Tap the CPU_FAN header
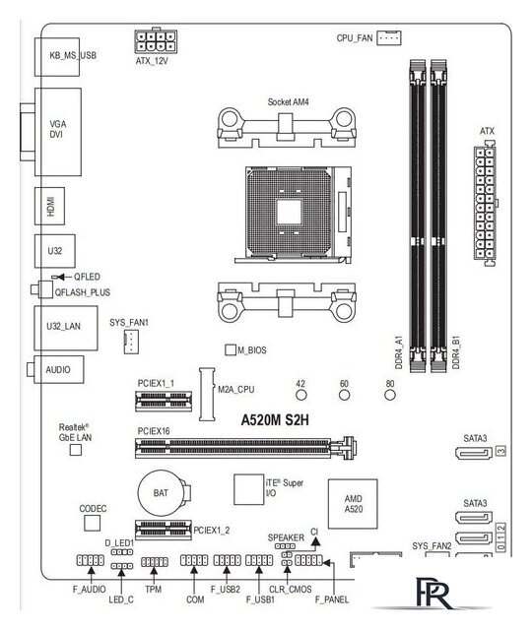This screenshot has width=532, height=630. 391,38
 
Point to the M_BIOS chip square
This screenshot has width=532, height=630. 232,349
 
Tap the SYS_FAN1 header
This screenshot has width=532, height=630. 130,342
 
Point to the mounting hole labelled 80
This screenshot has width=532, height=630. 390,396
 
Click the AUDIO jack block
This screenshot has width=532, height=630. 58,369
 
